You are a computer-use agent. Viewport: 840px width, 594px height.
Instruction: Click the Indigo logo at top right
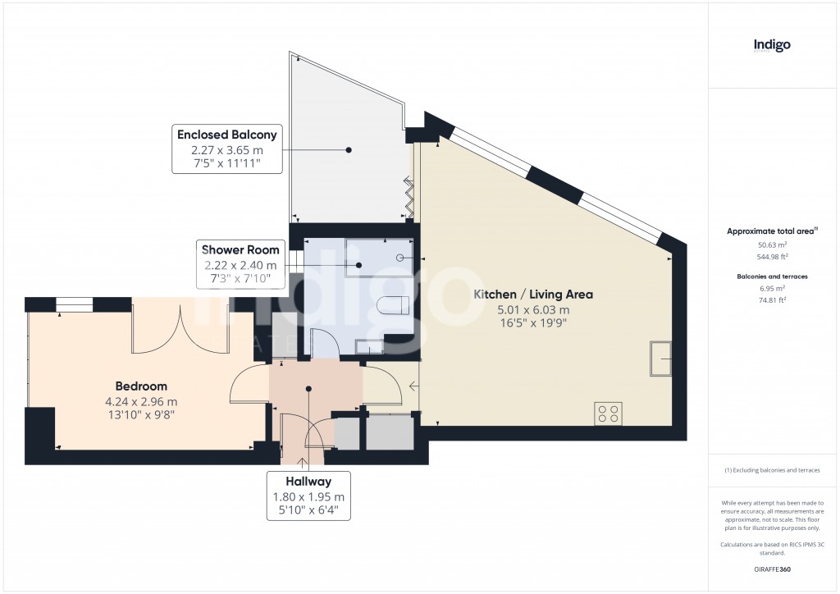[772, 46]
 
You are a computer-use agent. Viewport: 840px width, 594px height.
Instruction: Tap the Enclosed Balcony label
[227, 135]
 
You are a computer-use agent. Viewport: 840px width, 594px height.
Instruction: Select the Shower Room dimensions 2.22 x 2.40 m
[240, 265]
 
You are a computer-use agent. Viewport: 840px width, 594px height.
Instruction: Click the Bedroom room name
[141, 386]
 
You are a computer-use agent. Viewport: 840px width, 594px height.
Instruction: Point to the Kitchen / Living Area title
[533, 295]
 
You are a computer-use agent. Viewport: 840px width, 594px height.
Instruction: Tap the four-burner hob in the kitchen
[609, 413]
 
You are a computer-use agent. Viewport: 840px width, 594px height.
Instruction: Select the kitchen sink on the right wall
[661, 358]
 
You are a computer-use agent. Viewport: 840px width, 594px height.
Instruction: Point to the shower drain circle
[400, 258]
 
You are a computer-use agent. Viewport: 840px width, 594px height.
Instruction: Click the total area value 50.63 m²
[771, 244]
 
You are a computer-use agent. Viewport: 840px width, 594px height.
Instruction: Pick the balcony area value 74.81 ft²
[771, 300]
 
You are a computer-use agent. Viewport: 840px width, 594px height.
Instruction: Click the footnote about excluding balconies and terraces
[771, 470]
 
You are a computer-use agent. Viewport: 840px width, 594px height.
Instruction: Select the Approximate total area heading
[771, 231]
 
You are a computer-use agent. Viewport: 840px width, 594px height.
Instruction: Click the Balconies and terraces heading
[771, 276]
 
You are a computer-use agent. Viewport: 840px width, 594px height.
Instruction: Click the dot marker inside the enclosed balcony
[349, 150]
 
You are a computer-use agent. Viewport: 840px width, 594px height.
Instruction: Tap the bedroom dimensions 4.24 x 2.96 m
[141, 401]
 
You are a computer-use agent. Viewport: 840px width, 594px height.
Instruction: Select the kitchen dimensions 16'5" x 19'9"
[533, 324]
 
